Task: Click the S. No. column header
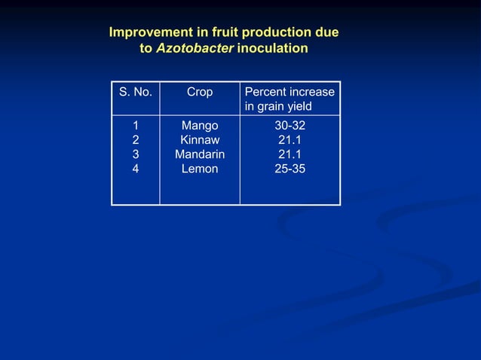tap(135, 92)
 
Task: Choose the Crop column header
tap(200, 92)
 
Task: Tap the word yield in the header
tap(296, 107)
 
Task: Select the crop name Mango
tap(200, 126)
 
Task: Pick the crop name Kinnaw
tap(200, 140)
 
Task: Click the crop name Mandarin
tap(200, 154)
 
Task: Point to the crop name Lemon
tap(200, 169)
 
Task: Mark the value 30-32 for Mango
tap(290, 126)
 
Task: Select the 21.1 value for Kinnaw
tap(290, 140)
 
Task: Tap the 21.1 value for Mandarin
tap(290, 154)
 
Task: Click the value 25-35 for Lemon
tap(290, 169)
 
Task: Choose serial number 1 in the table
tap(136, 126)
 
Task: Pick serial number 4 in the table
tap(136, 169)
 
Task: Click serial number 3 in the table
tap(136, 154)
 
